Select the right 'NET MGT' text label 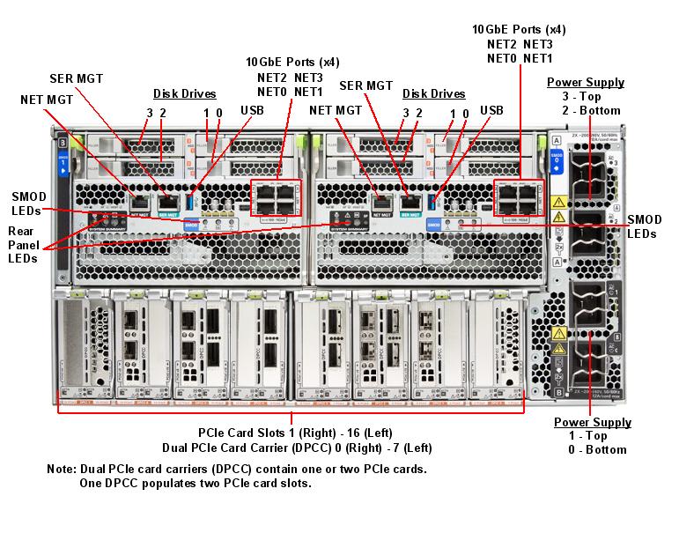click(x=336, y=110)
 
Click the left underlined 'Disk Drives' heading click(x=185, y=93)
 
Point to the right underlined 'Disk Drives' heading click(x=434, y=93)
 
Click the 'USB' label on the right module click(x=491, y=110)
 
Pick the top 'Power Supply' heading click(x=586, y=83)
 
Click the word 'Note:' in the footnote click(x=62, y=469)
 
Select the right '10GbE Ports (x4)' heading click(x=520, y=29)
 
